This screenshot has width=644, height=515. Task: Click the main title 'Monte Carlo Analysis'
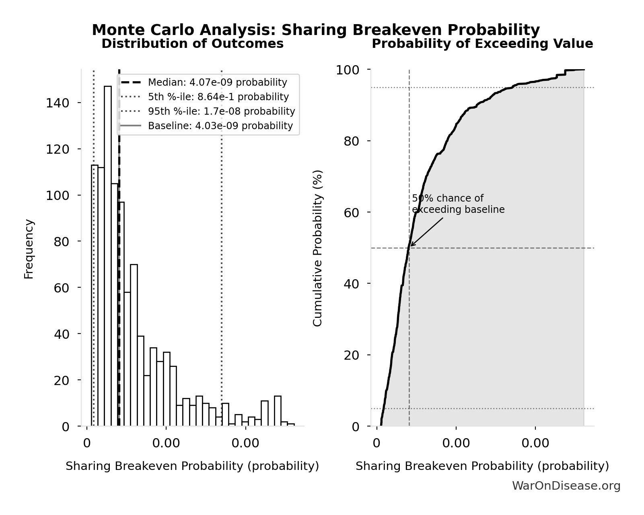(x=316, y=30)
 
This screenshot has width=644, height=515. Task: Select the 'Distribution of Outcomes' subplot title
(x=192, y=43)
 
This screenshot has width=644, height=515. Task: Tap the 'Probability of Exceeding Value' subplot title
(x=482, y=43)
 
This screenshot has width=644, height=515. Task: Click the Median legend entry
(x=217, y=82)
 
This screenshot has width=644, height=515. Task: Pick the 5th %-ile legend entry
(x=218, y=97)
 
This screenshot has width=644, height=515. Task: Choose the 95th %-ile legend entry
(x=221, y=111)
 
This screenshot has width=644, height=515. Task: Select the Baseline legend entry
(x=220, y=126)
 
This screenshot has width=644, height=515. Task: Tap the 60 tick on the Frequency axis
(x=61, y=288)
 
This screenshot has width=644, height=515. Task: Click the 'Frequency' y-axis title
(x=29, y=249)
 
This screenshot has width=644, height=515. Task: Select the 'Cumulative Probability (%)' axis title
(x=317, y=248)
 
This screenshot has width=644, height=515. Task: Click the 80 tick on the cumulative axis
(x=351, y=141)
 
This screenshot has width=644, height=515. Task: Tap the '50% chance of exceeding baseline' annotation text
(x=458, y=204)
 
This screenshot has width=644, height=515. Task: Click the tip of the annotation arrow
(x=411, y=246)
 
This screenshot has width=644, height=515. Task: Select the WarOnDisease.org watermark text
(x=566, y=486)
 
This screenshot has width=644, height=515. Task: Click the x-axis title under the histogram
(x=192, y=466)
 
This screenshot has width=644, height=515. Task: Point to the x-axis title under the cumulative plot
(x=482, y=466)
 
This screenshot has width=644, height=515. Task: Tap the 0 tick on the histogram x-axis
(x=86, y=443)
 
